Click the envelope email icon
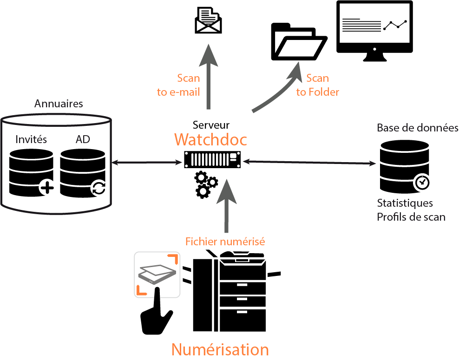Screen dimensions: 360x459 click(208, 21)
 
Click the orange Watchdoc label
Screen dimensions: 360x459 click(210, 139)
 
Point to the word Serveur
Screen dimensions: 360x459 click(211, 124)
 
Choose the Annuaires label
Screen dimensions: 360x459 click(59, 103)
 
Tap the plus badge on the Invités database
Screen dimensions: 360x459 click(46, 188)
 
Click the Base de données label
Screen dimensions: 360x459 click(418, 128)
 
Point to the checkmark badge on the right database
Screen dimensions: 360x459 click(422, 182)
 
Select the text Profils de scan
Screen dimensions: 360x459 click(411, 217)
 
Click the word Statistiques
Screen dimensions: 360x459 click(405, 203)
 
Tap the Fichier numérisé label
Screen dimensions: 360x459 click(225, 242)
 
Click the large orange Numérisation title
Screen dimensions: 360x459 click(220, 349)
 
